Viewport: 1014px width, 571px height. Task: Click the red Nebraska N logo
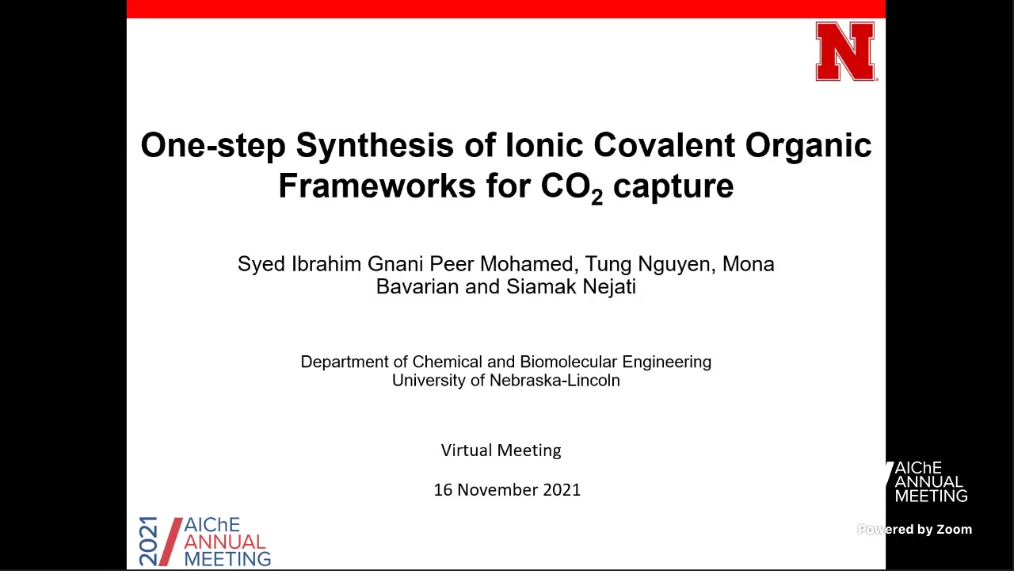tap(845, 52)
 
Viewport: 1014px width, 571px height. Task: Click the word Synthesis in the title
tap(375, 146)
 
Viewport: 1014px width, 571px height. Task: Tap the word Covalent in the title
tap(664, 145)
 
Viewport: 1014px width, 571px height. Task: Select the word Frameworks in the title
tap(377, 186)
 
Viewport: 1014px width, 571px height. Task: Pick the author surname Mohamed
tap(529, 264)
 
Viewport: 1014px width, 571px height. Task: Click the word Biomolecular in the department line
tap(569, 362)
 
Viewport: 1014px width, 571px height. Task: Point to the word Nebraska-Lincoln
tap(555, 380)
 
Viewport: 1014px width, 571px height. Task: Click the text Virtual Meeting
tap(501, 450)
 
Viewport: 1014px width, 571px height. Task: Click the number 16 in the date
tap(443, 490)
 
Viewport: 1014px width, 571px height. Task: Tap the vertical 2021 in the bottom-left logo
tap(148, 541)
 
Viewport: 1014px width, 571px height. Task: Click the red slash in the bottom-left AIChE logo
tap(170, 542)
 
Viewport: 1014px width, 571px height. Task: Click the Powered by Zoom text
tap(915, 529)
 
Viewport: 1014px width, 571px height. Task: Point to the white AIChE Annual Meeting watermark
tap(928, 481)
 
